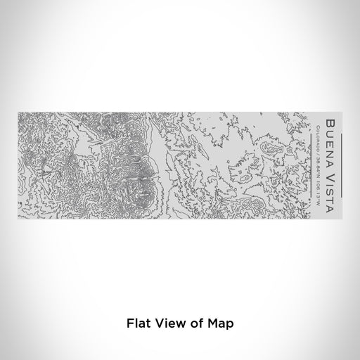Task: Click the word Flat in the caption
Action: (137, 324)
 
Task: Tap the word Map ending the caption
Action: (219, 324)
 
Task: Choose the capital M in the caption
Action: (211, 324)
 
